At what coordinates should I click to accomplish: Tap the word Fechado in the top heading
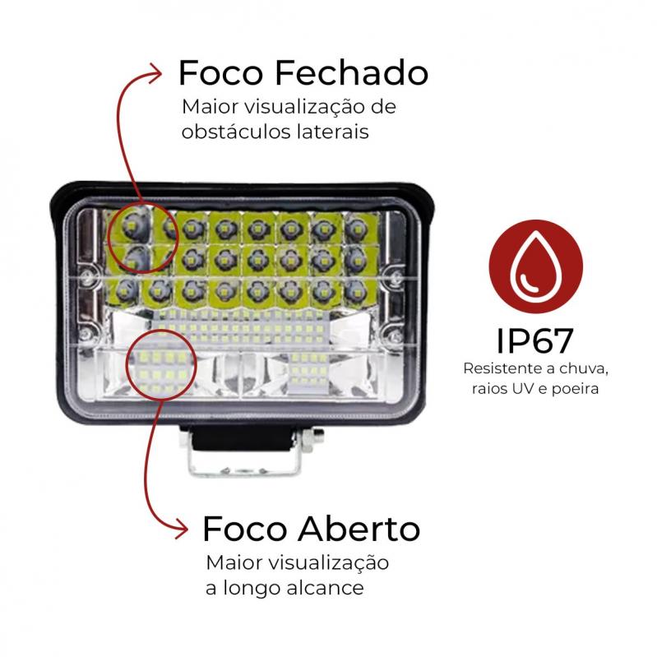352,73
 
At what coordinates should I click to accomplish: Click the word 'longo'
252,588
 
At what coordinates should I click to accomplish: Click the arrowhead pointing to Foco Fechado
156,73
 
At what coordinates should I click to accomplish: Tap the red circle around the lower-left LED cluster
160,363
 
